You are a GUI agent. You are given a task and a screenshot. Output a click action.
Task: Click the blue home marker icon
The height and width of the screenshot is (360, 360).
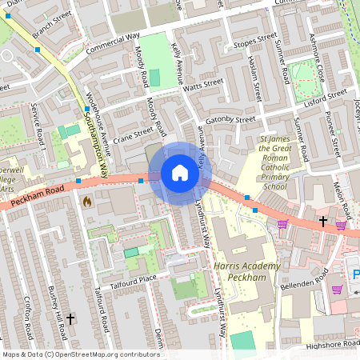tap(179, 173)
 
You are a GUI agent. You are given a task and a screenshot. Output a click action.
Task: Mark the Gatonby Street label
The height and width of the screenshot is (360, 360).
tap(229, 119)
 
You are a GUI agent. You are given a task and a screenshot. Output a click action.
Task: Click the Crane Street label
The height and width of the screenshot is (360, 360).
tap(133, 135)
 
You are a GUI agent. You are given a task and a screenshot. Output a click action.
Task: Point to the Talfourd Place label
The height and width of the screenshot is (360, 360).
tap(136, 278)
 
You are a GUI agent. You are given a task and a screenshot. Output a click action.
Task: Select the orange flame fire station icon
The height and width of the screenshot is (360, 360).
tap(87, 202)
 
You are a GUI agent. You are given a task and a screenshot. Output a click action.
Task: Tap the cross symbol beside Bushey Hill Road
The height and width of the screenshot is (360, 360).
tap(70, 319)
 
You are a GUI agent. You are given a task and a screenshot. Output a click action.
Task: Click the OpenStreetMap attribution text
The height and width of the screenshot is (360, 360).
tap(80, 354)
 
